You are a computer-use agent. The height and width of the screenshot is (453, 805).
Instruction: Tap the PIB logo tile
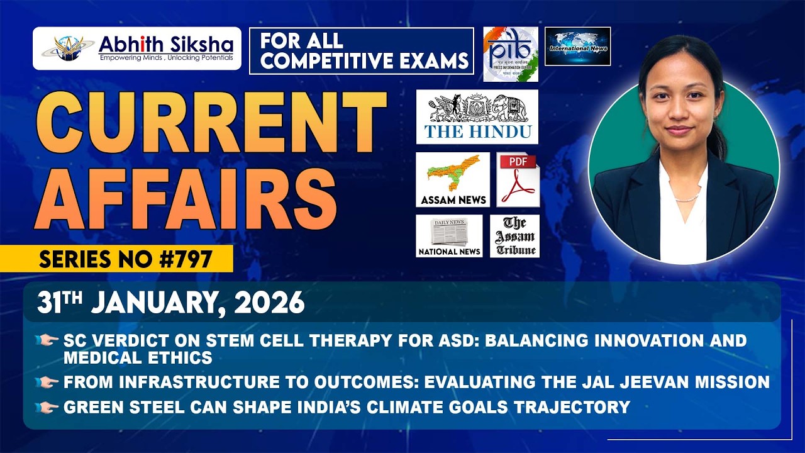coord(511,54)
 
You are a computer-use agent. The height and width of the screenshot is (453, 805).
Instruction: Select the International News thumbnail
coord(577,46)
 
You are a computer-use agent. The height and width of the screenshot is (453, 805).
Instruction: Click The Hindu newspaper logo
coord(477,116)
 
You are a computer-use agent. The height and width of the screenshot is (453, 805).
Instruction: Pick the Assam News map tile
coord(452,179)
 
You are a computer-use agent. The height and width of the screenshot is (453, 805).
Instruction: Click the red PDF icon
coord(518,179)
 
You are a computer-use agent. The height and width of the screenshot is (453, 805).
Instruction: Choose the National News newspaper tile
coord(449,236)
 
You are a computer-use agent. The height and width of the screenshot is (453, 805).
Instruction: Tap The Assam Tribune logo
coord(514,236)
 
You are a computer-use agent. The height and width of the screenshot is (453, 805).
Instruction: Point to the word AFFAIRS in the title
coord(186,196)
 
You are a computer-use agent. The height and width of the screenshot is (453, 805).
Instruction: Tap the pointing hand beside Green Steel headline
coord(48,408)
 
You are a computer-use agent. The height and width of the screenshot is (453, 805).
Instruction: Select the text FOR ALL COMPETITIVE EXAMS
coord(361,52)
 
